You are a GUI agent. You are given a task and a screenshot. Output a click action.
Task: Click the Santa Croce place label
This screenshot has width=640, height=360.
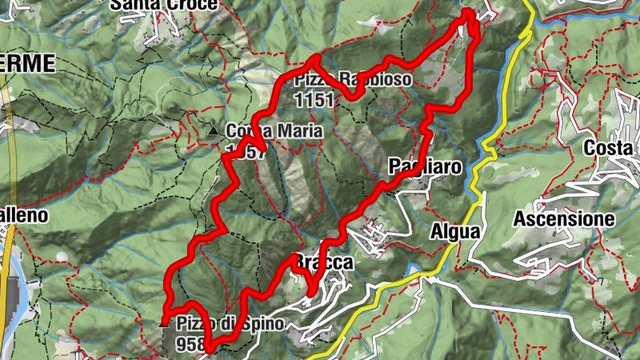(164, 5)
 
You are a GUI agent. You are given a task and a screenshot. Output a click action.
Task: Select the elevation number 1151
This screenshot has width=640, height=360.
(314, 100)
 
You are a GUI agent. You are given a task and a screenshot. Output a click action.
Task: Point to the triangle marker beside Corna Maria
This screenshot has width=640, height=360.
(213, 130)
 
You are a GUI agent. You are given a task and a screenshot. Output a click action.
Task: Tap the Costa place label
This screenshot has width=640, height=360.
(609, 149)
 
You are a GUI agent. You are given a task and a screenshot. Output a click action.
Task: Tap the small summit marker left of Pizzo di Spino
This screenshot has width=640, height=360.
(165, 325)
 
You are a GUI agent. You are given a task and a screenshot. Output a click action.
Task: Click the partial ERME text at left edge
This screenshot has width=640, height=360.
(27, 63)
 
